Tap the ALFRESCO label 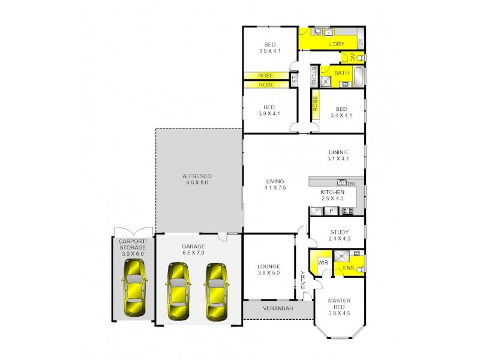click(x=197, y=176)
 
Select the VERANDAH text click(x=277, y=308)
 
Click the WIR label click(x=322, y=262)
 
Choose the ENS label click(x=348, y=268)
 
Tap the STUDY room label click(x=340, y=232)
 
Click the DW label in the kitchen click(x=352, y=183)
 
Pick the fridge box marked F click(x=316, y=211)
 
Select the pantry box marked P click(x=331, y=211)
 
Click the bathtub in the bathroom click(x=359, y=77)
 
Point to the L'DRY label click(x=336, y=45)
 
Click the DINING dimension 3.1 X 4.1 click(x=338, y=159)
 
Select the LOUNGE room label click(x=268, y=266)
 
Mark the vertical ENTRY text click(x=304, y=282)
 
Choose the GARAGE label click(x=193, y=247)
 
